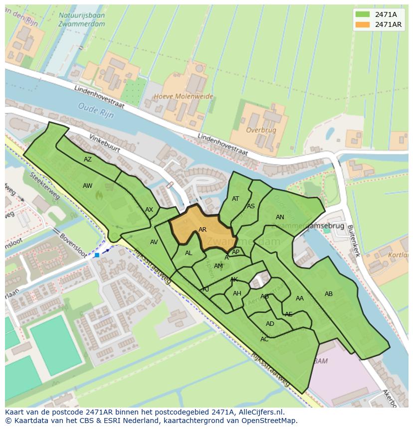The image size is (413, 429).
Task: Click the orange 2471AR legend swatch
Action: click(x=363, y=24)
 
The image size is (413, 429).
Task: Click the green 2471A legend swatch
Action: click(x=363, y=14)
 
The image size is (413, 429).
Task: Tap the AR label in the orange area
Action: click(x=203, y=230)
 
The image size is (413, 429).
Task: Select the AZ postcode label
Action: click(x=88, y=159)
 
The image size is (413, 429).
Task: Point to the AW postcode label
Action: click(x=88, y=186)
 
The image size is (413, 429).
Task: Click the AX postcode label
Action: click(x=149, y=210)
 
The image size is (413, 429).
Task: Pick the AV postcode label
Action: click(x=154, y=242)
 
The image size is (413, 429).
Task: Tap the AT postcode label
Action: click(x=235, y=199)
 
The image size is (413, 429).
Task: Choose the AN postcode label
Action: click(x=280, y=217)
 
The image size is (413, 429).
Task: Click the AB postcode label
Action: click(x=329, y=294)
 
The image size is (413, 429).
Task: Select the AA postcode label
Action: click(x=300, y=298)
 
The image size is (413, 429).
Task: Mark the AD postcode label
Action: click(x=270, y=324)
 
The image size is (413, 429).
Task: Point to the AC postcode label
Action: click(x=264, y=339)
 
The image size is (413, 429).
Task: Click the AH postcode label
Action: click(x=237, y=293)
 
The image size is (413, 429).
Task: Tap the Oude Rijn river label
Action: click(x=96, y=110)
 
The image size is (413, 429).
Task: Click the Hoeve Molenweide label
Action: click(x=184, y=96)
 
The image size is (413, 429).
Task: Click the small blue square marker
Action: click(x=97, y=255)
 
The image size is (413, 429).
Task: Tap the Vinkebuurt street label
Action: click(x=106, y=143)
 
